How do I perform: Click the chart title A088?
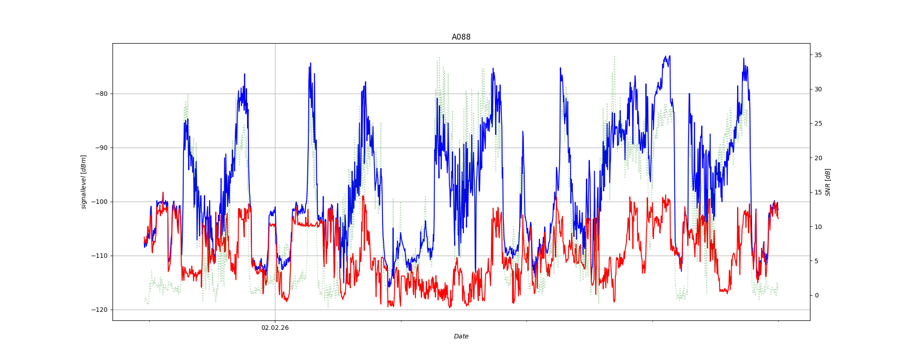click(461, 37)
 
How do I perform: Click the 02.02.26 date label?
click(275, 328)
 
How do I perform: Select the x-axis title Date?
click(461, 337)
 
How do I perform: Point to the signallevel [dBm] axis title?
click(84, 182)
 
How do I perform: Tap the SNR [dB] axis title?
click(828, 182)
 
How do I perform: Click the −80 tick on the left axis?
click(102, 94)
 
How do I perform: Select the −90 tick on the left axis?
click(102, 148)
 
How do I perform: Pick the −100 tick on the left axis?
click(100, 202)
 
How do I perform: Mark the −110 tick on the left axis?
click(100, 256)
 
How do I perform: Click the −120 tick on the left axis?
click(100, 310)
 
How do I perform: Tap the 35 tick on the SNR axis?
click(818, 55)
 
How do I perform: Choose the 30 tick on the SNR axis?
click(818, 89)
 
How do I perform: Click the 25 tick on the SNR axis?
click(818, 124)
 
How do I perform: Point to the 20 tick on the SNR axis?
click(818, 158)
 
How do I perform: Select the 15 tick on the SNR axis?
click(818, 193)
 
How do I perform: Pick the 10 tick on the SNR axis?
click(818, 227)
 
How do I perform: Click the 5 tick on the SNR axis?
click(816, 261)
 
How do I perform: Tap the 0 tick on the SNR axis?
click(816, 296)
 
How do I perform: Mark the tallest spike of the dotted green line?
click(614, 57)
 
